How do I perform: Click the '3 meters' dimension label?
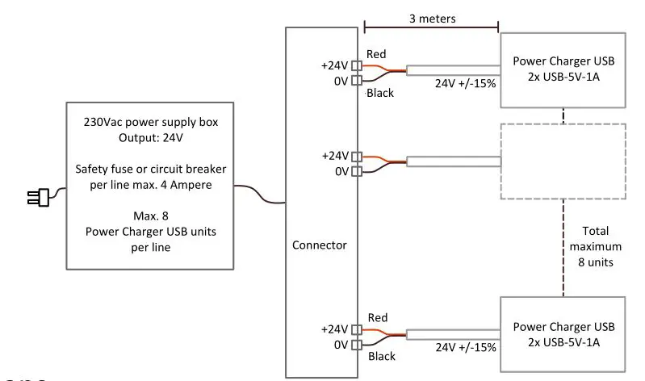(x=432, y=17)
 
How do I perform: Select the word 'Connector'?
(x=320, y=244)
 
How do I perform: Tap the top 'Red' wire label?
(x=377, y=54)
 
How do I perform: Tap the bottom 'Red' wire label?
(x=377, y=317)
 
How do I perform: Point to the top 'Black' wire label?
(x=380, y=93)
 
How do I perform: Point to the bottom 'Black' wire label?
(x=380, y=355)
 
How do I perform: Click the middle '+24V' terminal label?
(x=334, y=155)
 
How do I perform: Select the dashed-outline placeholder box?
(x=562, y=161)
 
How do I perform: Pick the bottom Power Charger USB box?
(x=563, y=334)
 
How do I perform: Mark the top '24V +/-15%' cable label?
(x=466, y=83)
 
